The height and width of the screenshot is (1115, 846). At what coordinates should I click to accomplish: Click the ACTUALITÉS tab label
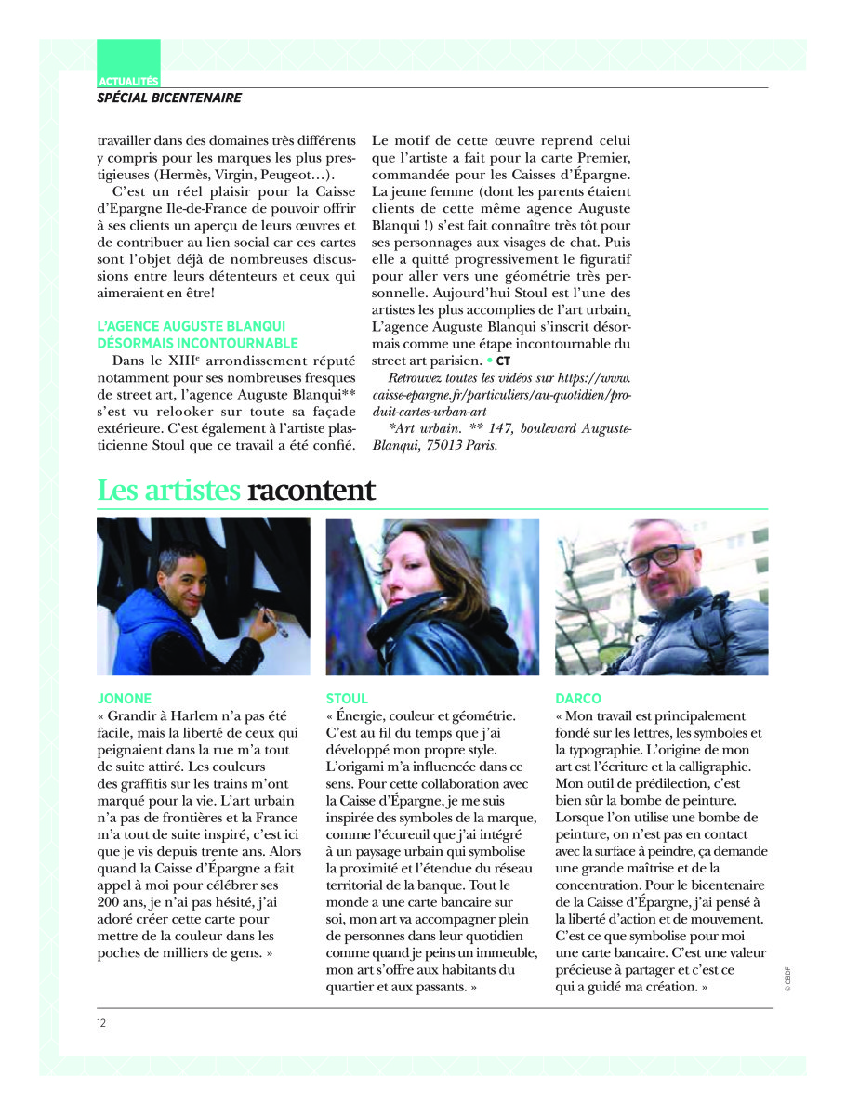(128, 82)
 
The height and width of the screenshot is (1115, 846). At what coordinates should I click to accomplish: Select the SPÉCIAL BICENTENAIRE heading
(169, 98)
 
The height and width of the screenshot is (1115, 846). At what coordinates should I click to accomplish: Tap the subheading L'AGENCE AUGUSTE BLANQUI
(192, 326)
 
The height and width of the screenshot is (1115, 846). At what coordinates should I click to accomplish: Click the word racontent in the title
(311, 490)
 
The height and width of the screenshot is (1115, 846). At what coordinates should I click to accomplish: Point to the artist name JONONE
(124, 698)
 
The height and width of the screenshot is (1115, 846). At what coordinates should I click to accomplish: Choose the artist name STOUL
(347, 698)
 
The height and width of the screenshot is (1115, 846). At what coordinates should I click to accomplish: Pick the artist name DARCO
(578, 698)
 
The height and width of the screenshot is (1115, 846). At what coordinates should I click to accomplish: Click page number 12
(101, 1023)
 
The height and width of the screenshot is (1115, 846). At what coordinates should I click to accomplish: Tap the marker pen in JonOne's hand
(274, 620)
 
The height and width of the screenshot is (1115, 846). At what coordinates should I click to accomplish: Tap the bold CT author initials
(503, 360)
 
